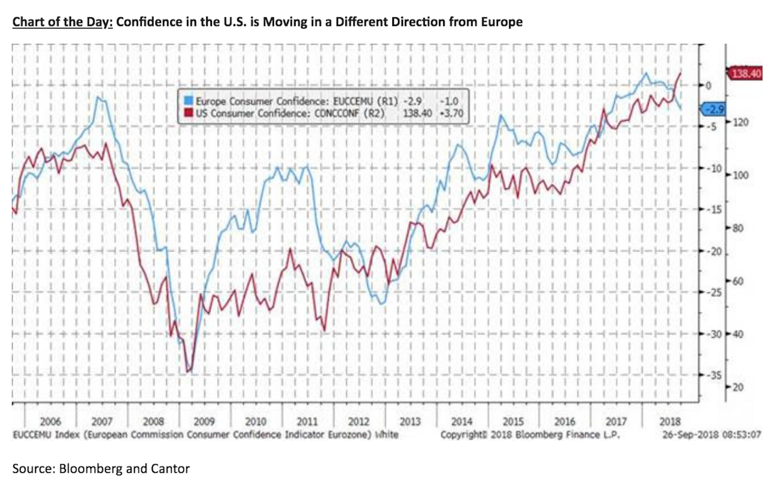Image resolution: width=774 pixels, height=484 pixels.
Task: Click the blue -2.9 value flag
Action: tap(714, 109)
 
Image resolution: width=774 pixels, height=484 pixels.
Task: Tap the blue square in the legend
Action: tap(188, 101)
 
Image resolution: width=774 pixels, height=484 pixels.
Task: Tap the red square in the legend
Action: tap(188, 113)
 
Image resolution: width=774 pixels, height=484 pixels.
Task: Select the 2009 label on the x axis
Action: tap(204, 422)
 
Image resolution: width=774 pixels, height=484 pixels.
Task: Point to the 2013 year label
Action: tap(410, 422)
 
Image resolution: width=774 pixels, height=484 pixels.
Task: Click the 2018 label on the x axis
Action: tap(670, 422)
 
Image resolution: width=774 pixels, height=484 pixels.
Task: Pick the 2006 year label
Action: tap(50, 422)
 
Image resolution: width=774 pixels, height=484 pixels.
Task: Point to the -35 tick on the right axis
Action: tap(714, 375)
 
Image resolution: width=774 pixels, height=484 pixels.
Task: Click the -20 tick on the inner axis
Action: tap(714, 252)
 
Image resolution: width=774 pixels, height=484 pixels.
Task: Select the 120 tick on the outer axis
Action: tap(741, 122)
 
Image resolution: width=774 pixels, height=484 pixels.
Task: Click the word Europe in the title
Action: tap(501, 22)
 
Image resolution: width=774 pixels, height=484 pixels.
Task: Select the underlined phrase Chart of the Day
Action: tap(62, 22)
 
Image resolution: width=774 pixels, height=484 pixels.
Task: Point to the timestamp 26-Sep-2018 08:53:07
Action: tap(711, 435)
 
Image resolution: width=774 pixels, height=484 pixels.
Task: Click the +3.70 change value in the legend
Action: tap(451, 113)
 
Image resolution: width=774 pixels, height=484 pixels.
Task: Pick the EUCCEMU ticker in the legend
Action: tap(353, 101)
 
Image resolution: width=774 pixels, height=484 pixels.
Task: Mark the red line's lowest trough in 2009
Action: tap(189, 372)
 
